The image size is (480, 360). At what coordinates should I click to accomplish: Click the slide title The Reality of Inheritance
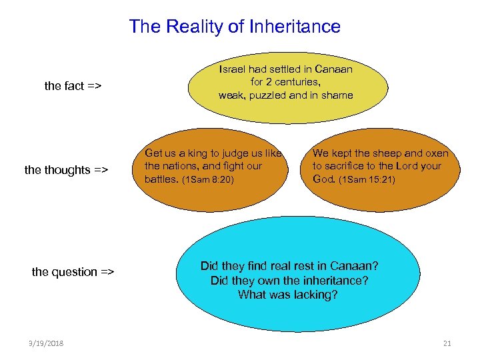[235, 27]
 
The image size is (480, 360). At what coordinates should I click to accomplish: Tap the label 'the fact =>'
[73, 86]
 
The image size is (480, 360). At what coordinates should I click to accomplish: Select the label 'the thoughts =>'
[66, 170]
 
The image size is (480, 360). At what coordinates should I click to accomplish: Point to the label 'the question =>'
[73, 272]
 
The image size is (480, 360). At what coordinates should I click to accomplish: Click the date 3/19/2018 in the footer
[47, 343]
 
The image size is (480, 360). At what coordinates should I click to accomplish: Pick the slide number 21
[447, 343]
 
